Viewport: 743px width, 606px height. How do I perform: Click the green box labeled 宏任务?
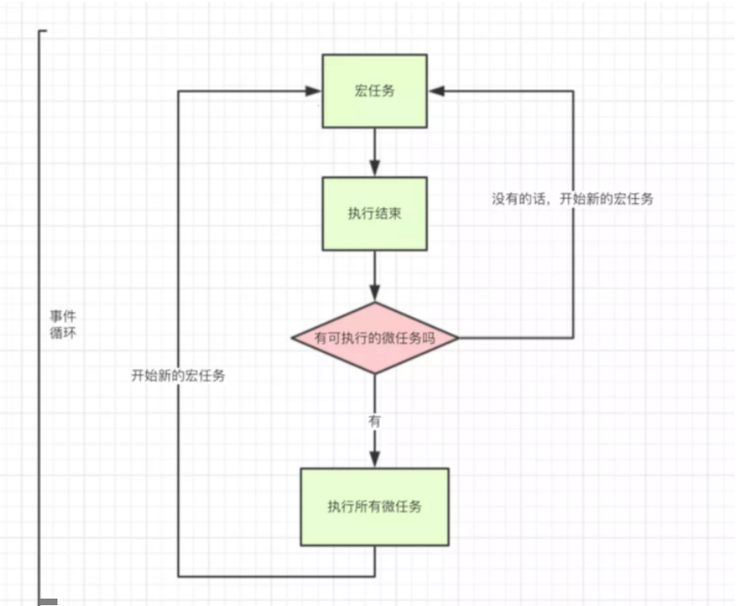tap(374, 91)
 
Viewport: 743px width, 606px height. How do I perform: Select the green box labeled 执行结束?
tap(374, 213)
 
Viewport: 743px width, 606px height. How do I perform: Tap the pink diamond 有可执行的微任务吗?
tap(374, 338)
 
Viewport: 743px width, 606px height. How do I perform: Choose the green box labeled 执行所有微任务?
tap(374, 507)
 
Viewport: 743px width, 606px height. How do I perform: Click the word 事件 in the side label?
tap(63, 317)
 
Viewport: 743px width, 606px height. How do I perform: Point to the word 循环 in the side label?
tap(63, 334)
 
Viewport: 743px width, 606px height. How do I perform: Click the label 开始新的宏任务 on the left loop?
tap(178, 375)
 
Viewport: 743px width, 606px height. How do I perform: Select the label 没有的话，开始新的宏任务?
tap(572, 199)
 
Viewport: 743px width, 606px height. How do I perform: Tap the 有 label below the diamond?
tap(374, 420)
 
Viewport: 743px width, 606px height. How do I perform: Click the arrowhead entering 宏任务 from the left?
tap(314, 91)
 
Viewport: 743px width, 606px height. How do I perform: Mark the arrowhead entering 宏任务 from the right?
tap(436, 91)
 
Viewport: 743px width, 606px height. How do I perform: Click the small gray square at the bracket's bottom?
tap(49, 603)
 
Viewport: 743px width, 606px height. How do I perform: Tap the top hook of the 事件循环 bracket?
tap(44, 31)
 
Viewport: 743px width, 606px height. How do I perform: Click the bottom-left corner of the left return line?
tap(178, 576)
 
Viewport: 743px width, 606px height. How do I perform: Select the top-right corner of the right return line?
tap(573, 91)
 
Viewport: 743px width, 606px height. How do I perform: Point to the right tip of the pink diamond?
tap(457, 338)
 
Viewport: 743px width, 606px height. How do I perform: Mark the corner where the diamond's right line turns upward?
tap(573, 338)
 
